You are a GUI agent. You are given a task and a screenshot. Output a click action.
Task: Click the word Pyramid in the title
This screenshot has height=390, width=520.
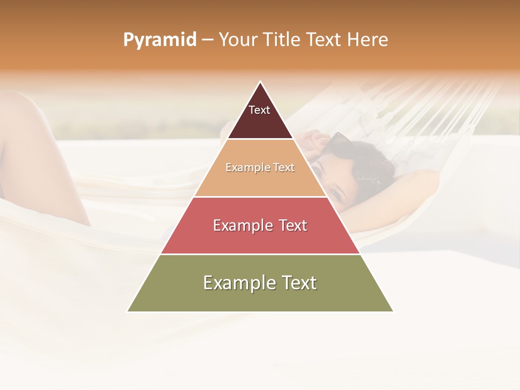pyautogui.click(x=159, y=40)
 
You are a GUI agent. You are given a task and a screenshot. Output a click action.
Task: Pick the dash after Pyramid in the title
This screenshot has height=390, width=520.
pyautogui.click(x=207, y=40)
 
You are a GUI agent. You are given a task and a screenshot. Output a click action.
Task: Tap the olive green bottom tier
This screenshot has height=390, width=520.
pyautogui.click(x=260, y=295)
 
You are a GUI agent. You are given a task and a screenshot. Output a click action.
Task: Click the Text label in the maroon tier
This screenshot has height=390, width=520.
pyautogui.click(x=259, y=110)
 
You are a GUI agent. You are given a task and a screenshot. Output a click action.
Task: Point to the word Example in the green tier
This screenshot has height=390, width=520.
pyautogui.click(x=236, y=283)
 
